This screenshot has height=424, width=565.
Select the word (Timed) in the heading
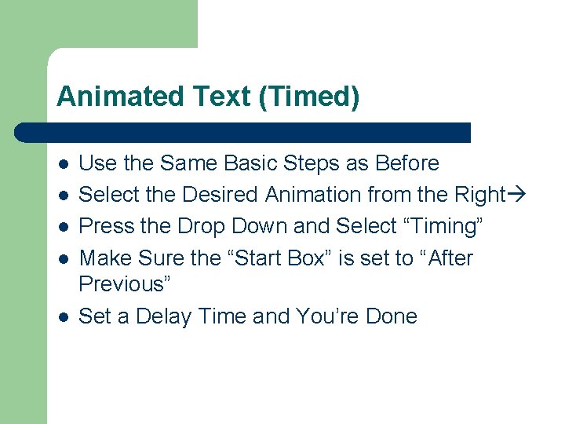(313, 97)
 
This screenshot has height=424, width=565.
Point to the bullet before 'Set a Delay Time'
(64, 317)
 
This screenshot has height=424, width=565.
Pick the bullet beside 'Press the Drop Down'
(64, 227)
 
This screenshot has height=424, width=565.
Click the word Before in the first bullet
(407, 163)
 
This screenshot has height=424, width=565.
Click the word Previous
(126, 282)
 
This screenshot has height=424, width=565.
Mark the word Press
(107, 226)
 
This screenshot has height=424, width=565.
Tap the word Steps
(311, 163)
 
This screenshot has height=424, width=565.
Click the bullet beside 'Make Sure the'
(64, 258)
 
